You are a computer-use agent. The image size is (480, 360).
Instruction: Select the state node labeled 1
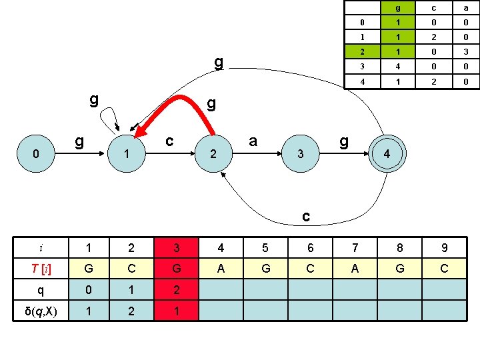tap(126, 153)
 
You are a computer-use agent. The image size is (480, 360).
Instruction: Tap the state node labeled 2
tap(213, 153)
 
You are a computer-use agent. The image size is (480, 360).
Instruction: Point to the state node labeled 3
tap(301, 153)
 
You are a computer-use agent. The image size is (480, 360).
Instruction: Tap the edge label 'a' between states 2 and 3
tap(253, 141)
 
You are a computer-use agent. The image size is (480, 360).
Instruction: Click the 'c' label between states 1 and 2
tap(170, 141)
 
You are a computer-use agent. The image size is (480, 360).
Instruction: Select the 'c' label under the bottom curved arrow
tap(305, 217)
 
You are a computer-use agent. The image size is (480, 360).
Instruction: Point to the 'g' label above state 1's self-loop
tap(94, 100)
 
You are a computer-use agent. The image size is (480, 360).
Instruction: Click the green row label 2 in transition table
tap(361, 51)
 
